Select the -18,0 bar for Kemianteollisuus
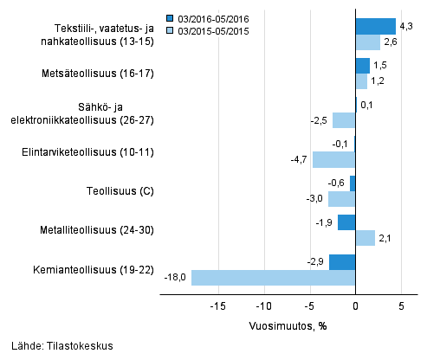(273, 278)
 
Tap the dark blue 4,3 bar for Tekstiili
(375, 26)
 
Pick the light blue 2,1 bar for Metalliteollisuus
(365, 238)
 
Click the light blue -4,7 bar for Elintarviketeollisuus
(333, 159)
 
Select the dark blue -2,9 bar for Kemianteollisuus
(342, 261)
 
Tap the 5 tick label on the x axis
(401, 305)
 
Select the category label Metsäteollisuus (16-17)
(103, 74)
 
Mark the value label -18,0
(175, 278)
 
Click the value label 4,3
(405, 26)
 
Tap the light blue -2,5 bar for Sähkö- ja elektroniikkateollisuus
(344, 120)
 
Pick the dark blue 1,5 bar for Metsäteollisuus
(362, 66)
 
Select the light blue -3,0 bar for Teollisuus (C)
(341, 199)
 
